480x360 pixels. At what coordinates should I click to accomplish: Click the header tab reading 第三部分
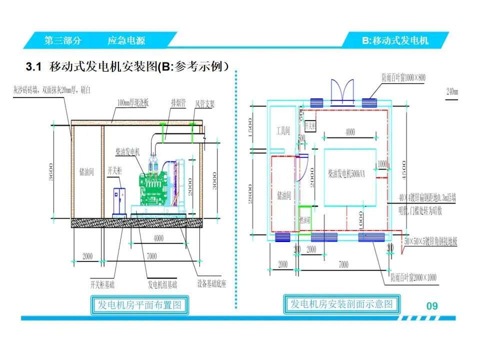coord(63,40)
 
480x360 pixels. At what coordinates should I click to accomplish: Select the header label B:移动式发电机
coord(395,40)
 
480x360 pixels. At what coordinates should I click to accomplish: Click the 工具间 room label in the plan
coord(283,131)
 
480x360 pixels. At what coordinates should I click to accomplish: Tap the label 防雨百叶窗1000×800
coord(403,77)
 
